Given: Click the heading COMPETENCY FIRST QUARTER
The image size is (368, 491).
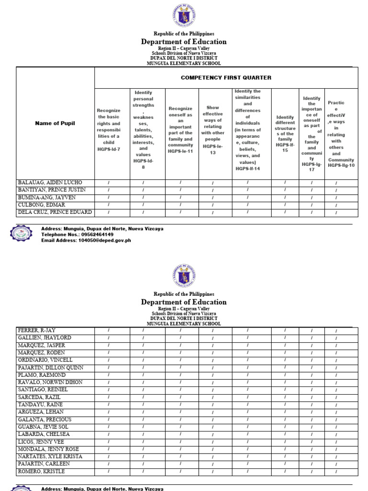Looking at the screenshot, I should point(226,78).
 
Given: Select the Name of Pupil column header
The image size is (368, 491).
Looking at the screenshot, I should point(55,123).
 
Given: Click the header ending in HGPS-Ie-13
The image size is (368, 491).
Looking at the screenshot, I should point(213,130).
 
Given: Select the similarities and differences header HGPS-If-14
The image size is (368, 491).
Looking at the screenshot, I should point(248,129).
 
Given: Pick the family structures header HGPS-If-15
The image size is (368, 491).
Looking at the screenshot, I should point(285,133).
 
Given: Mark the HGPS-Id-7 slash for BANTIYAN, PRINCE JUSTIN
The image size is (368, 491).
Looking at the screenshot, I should point(109,190).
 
